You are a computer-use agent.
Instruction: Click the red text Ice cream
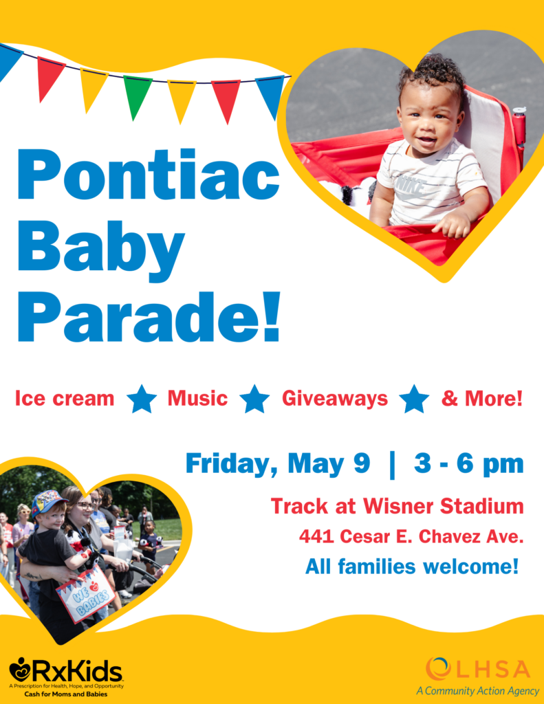[x=65, y=398]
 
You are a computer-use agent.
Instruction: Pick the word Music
[x=197, y=398]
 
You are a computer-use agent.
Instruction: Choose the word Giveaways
[x=335, y=399]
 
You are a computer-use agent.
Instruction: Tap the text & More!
[x=482, y=398]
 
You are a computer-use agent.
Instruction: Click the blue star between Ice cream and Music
[x=142, y=399]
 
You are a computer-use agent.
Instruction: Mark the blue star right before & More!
[x=414, y=399]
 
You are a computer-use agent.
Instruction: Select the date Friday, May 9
[x=278, y=464]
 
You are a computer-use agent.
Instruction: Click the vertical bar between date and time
[x=392, y=465]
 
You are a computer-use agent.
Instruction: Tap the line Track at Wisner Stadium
[x=397, y=506]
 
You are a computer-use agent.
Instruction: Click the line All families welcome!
[x=412, y=566]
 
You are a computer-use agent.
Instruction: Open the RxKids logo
[x=66, y=677]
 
